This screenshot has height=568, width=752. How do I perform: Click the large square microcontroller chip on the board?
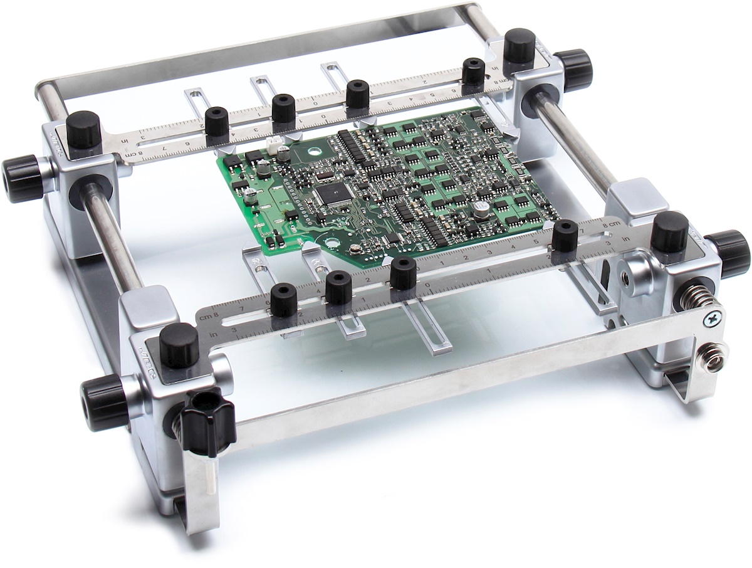click(330, 195)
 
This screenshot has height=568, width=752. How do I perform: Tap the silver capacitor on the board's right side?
click(481, 210)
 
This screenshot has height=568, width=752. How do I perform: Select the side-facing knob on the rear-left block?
click(22, 179)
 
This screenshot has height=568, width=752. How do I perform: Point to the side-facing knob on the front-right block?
click(728, 253)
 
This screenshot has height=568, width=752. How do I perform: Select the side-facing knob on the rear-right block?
click(573, 70)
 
